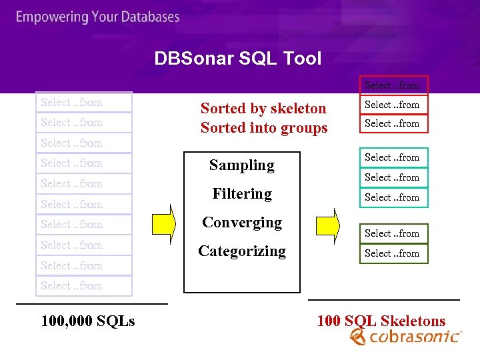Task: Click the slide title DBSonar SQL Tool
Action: tap(237, 59)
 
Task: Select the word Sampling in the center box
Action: tap(241, 165)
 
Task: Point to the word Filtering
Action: tap(241, 193)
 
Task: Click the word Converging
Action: tap(241, 222)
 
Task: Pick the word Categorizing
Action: tap(241, 251)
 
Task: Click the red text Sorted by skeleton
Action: tap(263, 108)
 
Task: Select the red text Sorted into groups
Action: tap(264, 127)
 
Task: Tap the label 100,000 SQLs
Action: tap(88, 321)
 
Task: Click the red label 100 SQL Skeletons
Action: tap(381, 321)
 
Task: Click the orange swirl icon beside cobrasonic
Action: tap(358, 337)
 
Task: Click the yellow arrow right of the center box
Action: tap(327, 221)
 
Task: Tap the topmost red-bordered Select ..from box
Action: tap(392, 85)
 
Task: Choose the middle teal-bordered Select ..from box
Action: tap(392, 177)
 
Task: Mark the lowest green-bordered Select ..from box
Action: tap(392, 253)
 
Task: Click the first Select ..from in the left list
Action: tap(71, 102)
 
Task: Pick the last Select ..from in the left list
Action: tap(71, 285)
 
